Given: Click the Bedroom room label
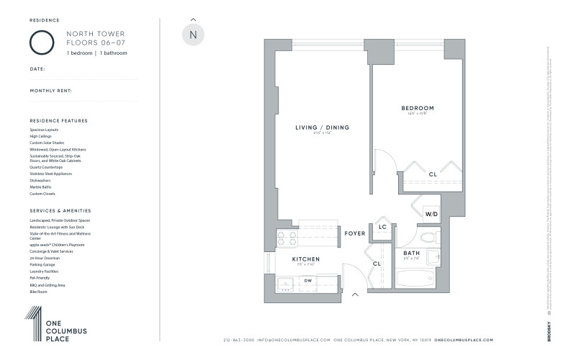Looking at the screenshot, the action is click(x=418, y=109).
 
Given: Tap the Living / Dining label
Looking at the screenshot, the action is click(x=322, y=127).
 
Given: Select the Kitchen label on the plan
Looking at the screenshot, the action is click(x=305, y=258).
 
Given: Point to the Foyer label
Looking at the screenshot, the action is click(x=355, y=233).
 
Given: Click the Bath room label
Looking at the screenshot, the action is click(x=411, y=253).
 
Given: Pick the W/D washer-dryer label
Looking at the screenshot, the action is click(x=431, y=214).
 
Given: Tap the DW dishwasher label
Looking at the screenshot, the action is click(x=307, y=280).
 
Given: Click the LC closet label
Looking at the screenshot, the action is click(x=382, y=228).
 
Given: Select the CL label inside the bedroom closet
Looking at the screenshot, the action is click(x=432, y=174).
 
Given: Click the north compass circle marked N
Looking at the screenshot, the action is click(x=192, y=35).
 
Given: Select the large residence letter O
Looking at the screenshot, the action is click(x=42, y=42).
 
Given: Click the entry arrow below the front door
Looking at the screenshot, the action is click(x=354, y=294).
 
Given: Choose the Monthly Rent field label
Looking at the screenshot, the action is click(x=50, y=91).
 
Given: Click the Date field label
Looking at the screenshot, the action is click(x=37, y=69).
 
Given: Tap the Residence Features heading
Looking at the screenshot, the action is click(x=58, y=120).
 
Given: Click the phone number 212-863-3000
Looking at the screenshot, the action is click(x=240, y=339).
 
